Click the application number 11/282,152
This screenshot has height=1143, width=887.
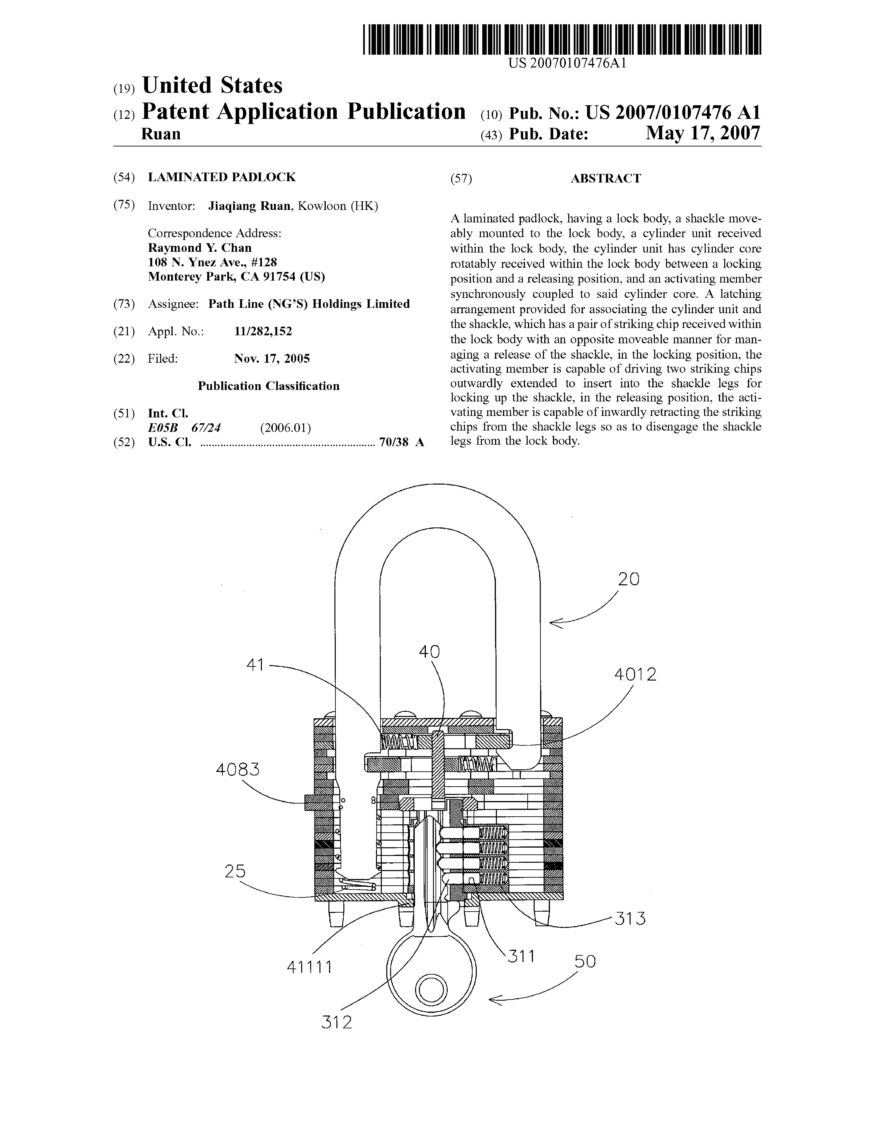[x=263, y=331]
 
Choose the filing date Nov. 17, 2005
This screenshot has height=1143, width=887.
[x=272, y=359]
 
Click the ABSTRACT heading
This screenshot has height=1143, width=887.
[x=605, y=179]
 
